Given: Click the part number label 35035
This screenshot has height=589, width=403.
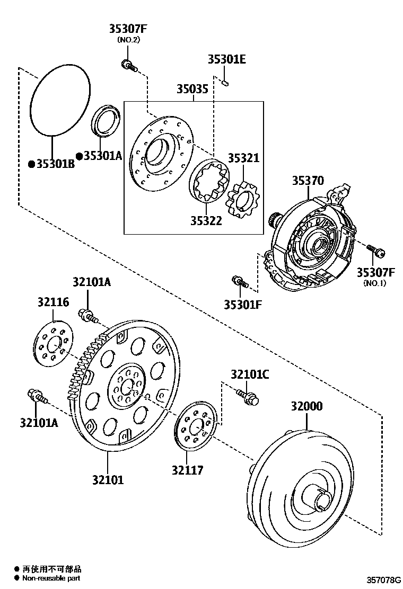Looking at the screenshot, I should pyautogui.click(x=192, y=90).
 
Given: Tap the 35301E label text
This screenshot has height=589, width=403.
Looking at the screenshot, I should pyautogui.click(x=226, y=59).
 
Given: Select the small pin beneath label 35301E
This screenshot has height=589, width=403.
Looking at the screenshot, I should pyautogui.click(x=225, y=82).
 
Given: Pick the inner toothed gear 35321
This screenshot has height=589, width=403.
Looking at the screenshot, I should pyautogui.click(x=241, y=202).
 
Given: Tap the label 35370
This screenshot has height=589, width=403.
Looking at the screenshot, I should pyautogui.click(x=307, y=181).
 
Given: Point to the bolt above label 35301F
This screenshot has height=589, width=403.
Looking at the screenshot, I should pyautogui.click(x=239, y=282).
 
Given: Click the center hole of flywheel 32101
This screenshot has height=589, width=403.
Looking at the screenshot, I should pyautogui.click(x=126, y=387).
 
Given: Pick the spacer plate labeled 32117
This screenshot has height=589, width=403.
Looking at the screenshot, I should pyautogui.click(x=195, y=426).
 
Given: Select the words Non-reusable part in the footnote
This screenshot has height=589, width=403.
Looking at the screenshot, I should pyautogui.click(x=51, y=578).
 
